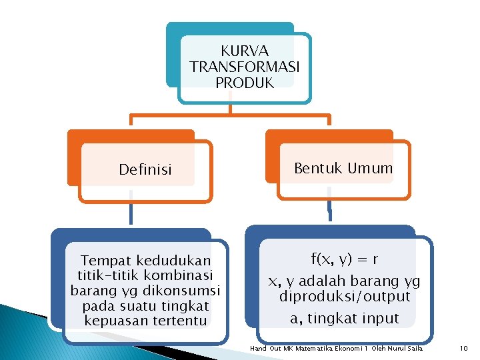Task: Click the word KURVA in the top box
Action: pos(245,51)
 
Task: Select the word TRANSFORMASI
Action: pos(245,67)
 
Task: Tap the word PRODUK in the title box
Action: pos(245,83)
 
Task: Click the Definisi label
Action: pos(145,169)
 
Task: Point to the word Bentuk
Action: pos(318,168)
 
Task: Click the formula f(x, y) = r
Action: pos(345,258)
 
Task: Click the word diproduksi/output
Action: pos(345,296)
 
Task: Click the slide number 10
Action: pos(464,349)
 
